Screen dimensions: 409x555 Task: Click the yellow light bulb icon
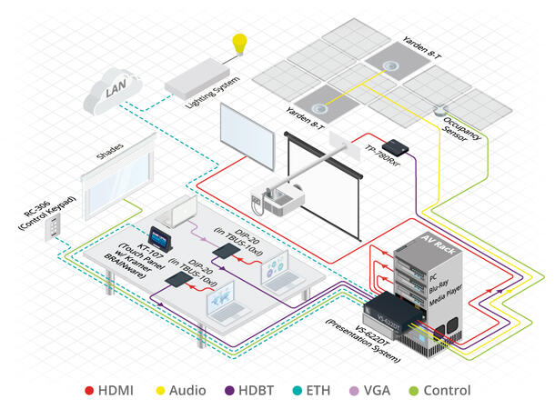(240, 44)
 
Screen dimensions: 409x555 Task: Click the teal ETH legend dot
(325, 391)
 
